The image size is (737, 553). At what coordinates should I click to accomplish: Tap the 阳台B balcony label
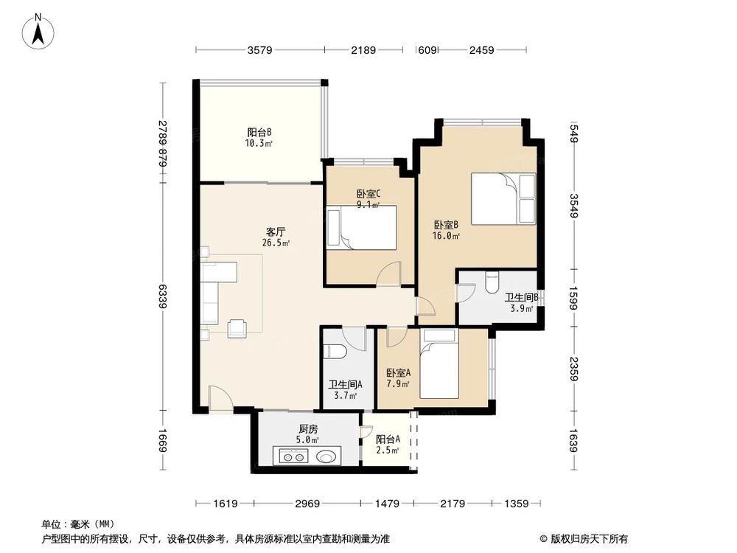pos(259,133)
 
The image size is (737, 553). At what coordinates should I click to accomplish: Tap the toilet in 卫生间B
pos(494,282)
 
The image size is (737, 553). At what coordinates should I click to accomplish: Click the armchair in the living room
pos(238,327)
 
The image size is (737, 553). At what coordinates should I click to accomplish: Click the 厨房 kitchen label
pos(308,430)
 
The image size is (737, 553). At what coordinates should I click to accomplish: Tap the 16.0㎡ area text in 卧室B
pos(447,236)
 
